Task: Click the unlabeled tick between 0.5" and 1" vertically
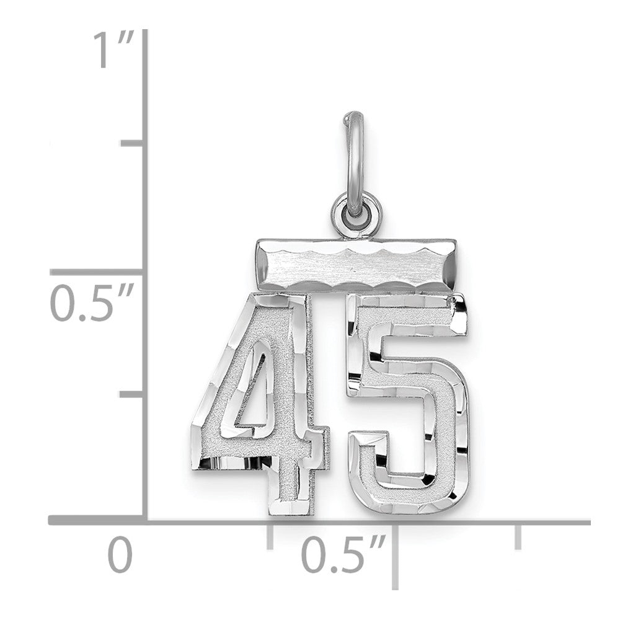pyautogui.click(x=133, y=143)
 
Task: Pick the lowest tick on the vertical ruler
pyautogui.click(x=133, y=394)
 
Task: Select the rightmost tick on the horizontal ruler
pyautogui.click(x=518, y=537)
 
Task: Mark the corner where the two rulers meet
pyautogui.click(x=145, y=523)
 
